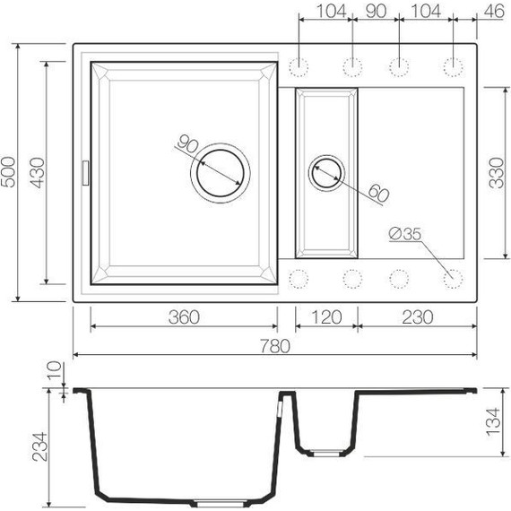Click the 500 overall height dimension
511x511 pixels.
pyautogui.click(x=9, y=170)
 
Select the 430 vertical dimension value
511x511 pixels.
pyautogui.click(x=37, y=170)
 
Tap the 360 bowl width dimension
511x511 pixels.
pyautogui.click(x=182, y=317)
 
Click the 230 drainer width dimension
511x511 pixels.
pyautogui.click(x=417, y=317)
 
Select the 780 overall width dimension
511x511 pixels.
pyautogui.click(x=274, y=347)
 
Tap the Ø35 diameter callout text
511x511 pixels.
pyautogui.click(x=404, y=236)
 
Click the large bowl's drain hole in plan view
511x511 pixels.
pyautogui.click(x=218, y=170)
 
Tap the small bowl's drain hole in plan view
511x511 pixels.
pyautogui.click(x=326, y=170)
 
